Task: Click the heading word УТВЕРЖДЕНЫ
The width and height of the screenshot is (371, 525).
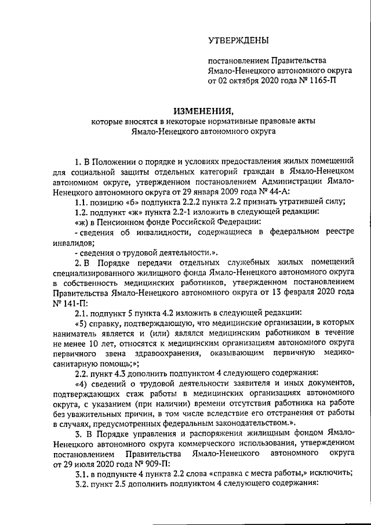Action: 239,39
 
